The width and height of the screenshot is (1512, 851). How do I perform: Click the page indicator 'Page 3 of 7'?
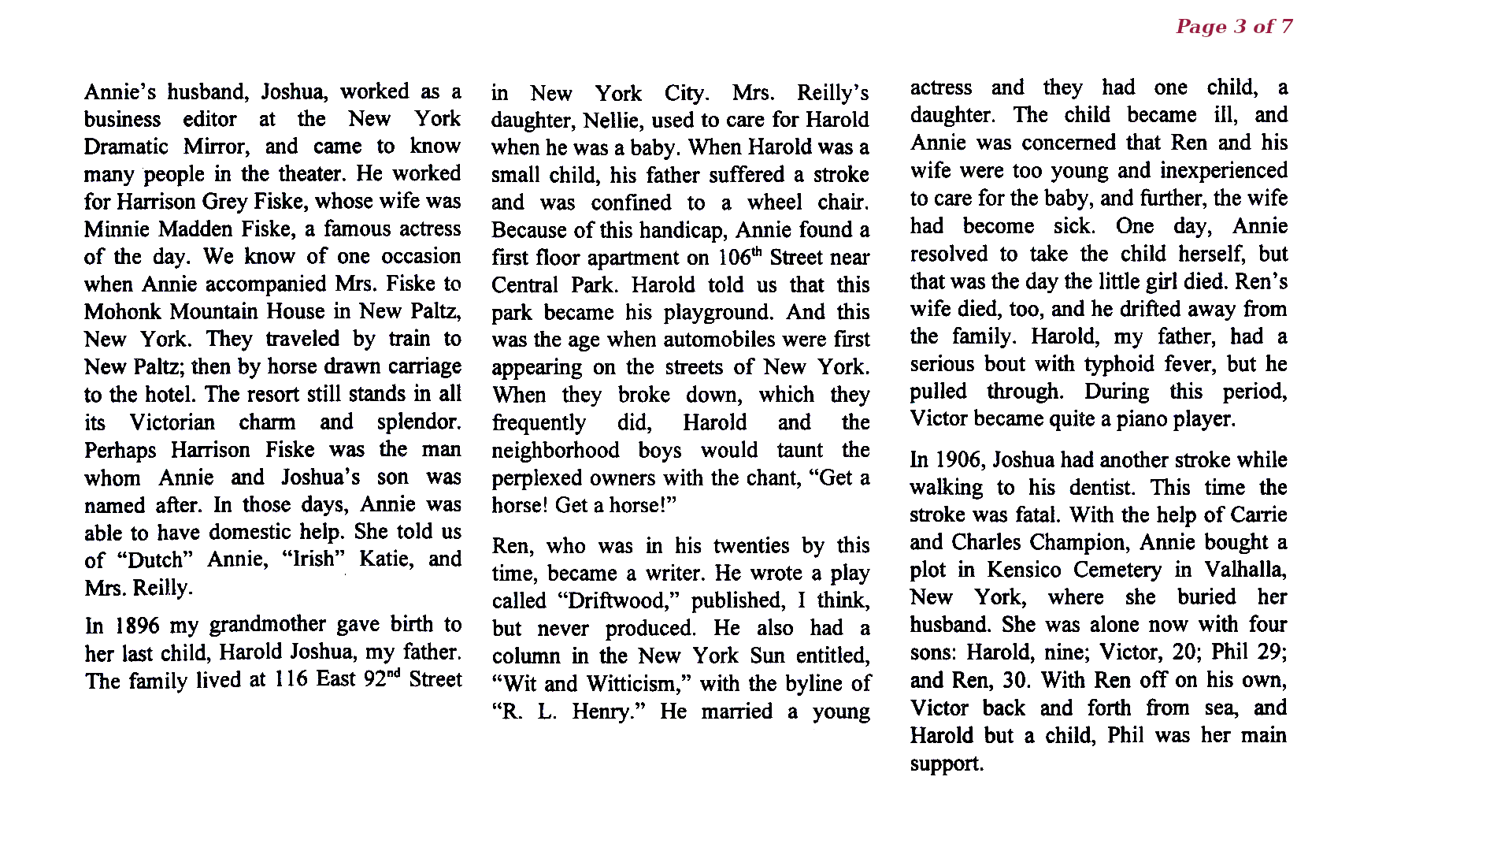click(1233, 27)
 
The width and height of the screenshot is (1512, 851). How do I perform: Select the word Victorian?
click(172, 422)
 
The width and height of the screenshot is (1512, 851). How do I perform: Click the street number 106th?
click(740, 257)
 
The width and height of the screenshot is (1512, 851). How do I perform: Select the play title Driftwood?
click(618, 600)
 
